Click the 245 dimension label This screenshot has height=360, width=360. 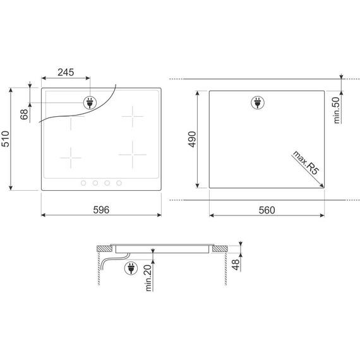[66, 73]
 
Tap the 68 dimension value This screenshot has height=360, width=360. [24, 114]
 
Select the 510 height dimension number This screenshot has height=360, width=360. [5, 139]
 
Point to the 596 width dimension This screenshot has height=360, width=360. [101, 210]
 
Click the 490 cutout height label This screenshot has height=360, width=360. [192, 140]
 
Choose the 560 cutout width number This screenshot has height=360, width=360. [267, 210]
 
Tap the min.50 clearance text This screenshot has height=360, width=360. [336, 110]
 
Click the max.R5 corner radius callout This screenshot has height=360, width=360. [306, 162]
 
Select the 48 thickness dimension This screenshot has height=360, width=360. [236, 265]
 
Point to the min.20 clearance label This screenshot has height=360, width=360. [148, 278]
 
